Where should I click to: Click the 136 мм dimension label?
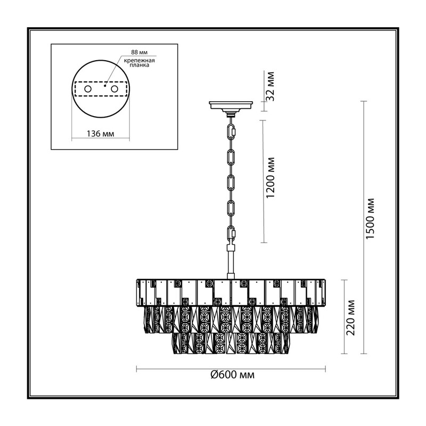point(100,134)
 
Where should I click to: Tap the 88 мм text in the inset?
point(139,52)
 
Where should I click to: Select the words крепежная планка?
point(140,63)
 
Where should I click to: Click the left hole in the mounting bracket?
point(88,89)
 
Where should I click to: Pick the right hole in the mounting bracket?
point(114,89)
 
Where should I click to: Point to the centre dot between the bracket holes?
point(105,86)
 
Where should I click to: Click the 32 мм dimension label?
point(271,86)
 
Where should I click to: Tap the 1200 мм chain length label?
point(271,177)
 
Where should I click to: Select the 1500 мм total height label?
point(370,219)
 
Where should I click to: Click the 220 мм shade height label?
point(351,317)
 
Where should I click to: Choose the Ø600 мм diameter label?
point(233,375)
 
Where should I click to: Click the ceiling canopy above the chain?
point(231,106)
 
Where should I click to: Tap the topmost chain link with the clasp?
point(231,132)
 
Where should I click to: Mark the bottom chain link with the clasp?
point(231,234)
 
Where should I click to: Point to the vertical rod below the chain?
point(231,261)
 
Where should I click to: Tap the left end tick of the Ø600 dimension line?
point(136,369)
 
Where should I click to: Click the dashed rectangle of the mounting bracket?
point(101,89)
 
